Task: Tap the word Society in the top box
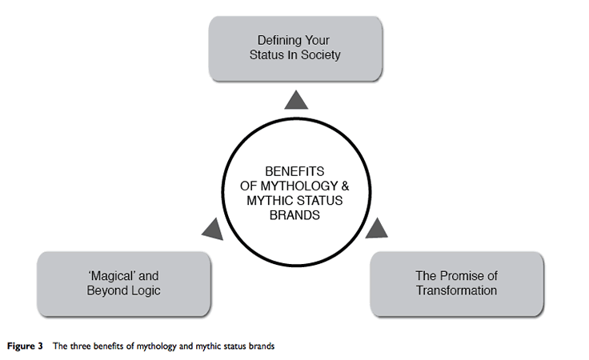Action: [323, 54]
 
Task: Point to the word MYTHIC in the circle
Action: [265, 202]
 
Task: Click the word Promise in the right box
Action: [459, 276]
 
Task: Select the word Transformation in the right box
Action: [456, 290]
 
